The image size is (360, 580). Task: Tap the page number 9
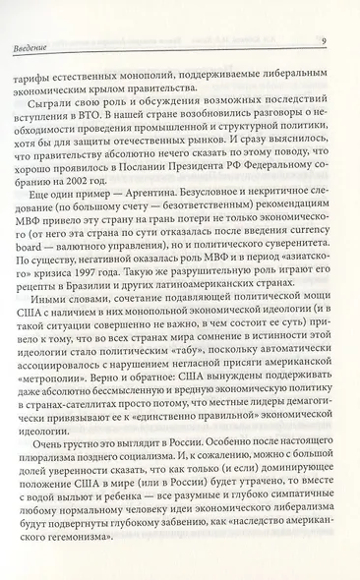tap(323, 40)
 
